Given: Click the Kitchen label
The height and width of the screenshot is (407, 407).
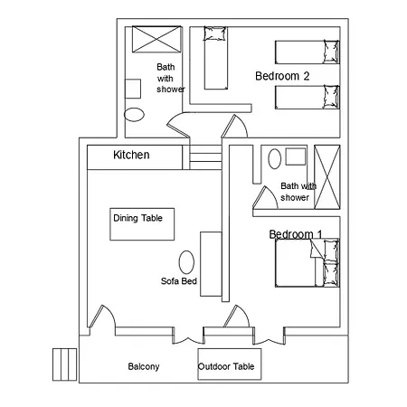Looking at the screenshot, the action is coord(131,155).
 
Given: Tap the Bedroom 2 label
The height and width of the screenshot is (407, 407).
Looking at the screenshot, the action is coord(282,76).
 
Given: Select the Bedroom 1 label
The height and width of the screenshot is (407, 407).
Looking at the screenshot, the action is coord(296,234).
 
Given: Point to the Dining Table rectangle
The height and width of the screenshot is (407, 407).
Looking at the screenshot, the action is coord(142,224).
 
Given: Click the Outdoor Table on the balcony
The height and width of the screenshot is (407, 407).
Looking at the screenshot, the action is coord(230,364).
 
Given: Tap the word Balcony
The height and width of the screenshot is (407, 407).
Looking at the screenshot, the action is coord(144,366).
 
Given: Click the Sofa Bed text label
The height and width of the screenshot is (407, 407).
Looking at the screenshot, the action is coord(179,281).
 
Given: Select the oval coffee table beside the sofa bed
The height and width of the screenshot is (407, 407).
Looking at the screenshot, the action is coord(186,262).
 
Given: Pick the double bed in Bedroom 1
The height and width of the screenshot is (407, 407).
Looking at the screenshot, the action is coord(308,263).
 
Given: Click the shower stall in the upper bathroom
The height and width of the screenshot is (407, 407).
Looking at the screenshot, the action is coord(156,39).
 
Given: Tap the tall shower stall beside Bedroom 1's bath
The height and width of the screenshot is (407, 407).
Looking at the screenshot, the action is coord(327,177).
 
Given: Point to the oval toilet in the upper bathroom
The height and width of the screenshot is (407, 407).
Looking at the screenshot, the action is coord(134,115).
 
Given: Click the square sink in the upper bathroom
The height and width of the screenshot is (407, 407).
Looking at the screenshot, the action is coord(133,89).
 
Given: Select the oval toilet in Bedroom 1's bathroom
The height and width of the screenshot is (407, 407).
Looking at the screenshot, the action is coord(274,159).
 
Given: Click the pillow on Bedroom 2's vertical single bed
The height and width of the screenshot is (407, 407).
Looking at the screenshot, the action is coord(215,33).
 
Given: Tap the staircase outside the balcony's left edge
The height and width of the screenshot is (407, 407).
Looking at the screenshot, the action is coord(64,364).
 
